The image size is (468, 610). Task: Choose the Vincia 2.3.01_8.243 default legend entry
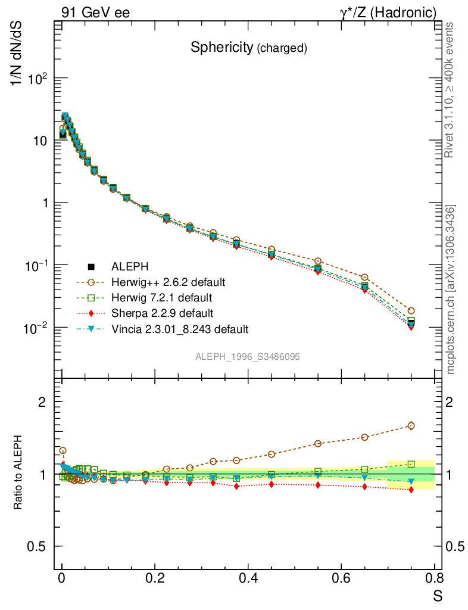coord(179,329)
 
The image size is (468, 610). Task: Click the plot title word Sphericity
coord(221,48)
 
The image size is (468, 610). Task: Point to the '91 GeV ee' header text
coord(95,12)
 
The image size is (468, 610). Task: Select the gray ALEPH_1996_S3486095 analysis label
coord(247,357)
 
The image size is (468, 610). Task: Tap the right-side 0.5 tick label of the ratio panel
coord(455,546)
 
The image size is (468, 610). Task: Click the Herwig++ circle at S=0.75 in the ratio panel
coord(411,425)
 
